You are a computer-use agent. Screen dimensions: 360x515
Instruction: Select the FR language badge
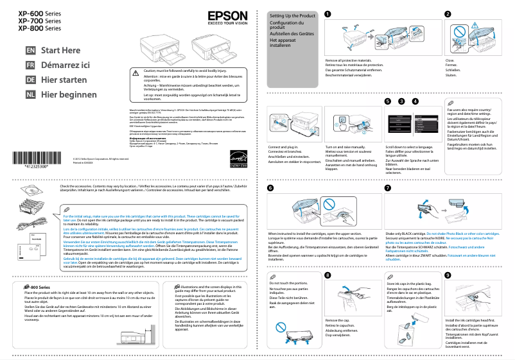[x=30, y=65]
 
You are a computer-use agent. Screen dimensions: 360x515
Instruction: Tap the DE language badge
[x=30, y=80]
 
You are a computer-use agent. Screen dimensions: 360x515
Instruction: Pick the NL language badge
[x=30, y=95]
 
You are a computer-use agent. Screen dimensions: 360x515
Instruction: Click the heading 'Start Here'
[x=61, y=51]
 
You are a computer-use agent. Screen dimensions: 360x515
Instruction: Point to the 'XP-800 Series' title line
[x=40, y=28]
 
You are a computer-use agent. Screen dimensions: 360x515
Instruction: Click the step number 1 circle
[x=328, y=14]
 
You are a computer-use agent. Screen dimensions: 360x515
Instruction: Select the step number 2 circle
[x=448, y=14]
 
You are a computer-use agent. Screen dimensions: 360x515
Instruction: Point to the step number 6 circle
[x=270, y=188]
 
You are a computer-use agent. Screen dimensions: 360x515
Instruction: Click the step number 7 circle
[x=387, y=188]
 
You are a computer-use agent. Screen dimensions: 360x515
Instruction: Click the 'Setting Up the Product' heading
[x=292, y=14]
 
